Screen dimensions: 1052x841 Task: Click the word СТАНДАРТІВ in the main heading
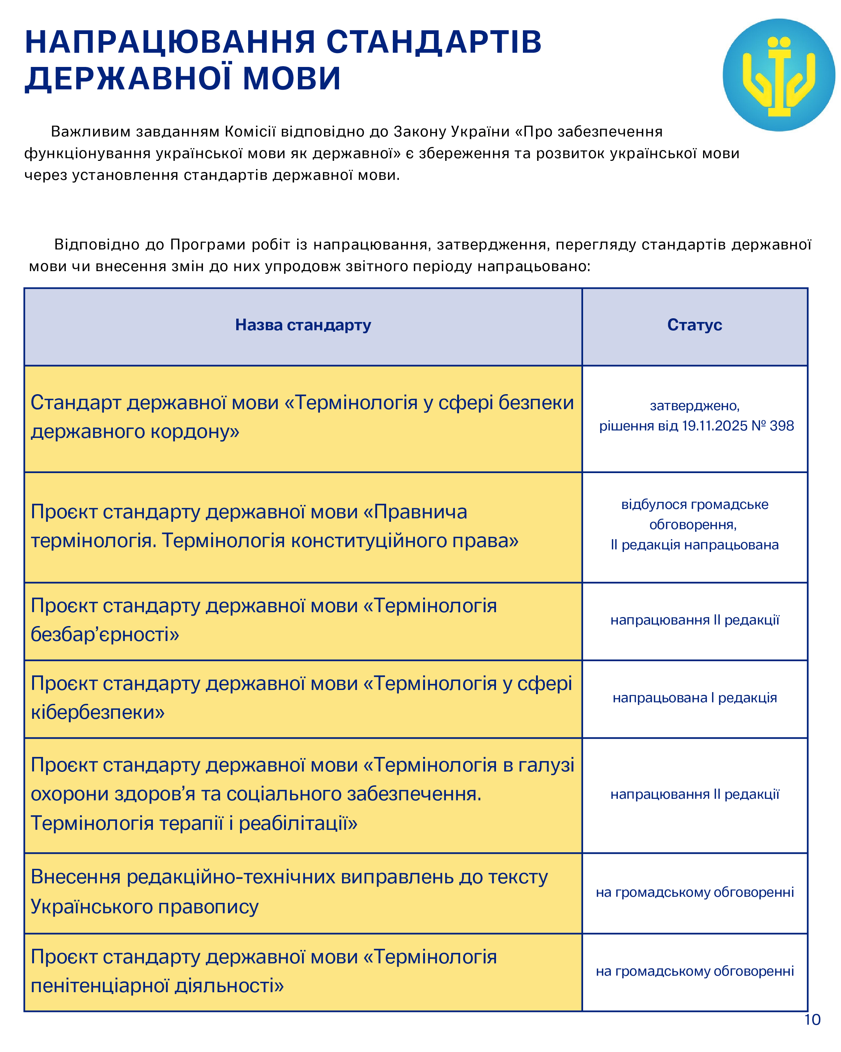click(x=433, y=42)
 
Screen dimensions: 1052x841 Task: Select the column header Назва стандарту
click(x=302, y=325)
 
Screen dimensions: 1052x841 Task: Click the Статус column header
click(x=694, y=325)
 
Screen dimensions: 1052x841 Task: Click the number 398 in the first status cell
click(x=782, y=426)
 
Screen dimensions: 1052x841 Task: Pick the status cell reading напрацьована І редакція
click(x=694, y=698)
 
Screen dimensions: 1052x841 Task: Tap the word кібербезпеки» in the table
click(x=98, y=713)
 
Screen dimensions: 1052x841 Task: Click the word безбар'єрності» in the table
click(x=105, y=635)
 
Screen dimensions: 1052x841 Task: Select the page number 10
click(x=812, y=1019)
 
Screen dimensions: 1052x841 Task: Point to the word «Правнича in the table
click(x=415, y=512)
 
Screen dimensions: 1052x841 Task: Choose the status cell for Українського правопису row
click(x=694, y=892)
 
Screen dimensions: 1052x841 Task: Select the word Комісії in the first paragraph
click(x=250, y=132)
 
